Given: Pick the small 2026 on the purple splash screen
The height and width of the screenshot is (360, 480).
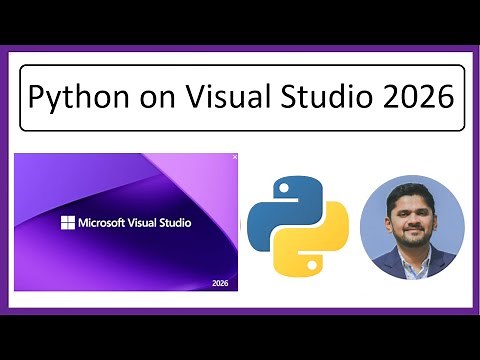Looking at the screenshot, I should [221, 283].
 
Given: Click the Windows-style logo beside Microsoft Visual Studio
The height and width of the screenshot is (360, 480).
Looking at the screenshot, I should [68, 222].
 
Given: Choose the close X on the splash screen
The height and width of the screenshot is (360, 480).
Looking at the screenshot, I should [235, 157].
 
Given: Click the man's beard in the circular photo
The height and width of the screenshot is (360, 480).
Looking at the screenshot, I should [411, 228].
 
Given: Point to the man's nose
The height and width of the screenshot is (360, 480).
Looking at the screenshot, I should [412, 212].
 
